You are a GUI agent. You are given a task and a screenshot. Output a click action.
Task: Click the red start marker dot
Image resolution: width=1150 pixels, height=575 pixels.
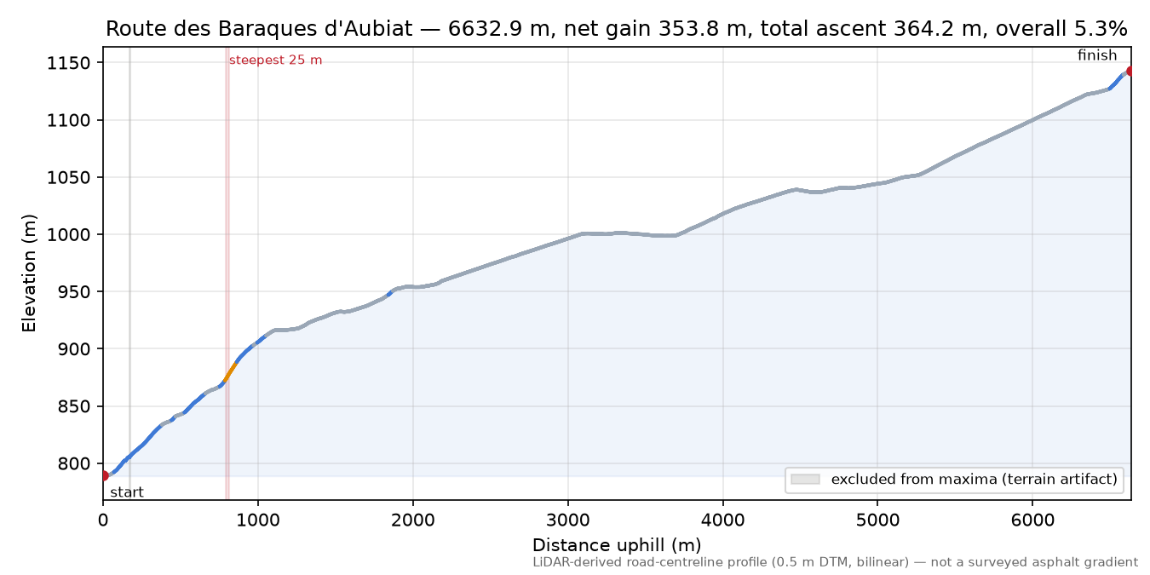coord(104,476)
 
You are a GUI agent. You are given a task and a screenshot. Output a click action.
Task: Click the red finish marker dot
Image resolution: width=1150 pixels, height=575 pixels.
coord(1130,71)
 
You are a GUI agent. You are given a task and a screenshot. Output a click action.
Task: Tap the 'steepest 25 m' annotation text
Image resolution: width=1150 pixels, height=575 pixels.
coord(275,60)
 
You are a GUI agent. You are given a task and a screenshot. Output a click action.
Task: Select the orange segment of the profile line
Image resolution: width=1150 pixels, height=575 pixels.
coord(229,373)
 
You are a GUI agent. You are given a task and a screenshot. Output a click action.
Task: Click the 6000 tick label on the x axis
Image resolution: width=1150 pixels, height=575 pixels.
coord(1032,520)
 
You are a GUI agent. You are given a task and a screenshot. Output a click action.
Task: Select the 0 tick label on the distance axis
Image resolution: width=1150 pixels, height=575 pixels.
coord(103,520)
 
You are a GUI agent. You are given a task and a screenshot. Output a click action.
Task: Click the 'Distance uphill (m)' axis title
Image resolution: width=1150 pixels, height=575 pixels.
coord(617,544)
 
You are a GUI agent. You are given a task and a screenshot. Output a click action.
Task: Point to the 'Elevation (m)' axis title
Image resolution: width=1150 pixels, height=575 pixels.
coord(29,273)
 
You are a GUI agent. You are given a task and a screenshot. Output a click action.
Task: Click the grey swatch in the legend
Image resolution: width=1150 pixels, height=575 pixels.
coord(805,480)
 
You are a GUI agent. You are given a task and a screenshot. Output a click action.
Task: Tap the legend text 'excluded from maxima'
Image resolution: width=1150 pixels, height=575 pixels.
coord(904,480)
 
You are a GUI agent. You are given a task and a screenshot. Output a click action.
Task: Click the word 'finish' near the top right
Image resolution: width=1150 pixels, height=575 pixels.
coord(1096,55)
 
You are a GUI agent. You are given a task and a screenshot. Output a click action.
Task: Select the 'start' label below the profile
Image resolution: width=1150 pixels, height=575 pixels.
coord(127,492)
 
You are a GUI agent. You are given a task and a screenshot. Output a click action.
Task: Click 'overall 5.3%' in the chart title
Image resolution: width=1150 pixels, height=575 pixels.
coord(1061,29)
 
